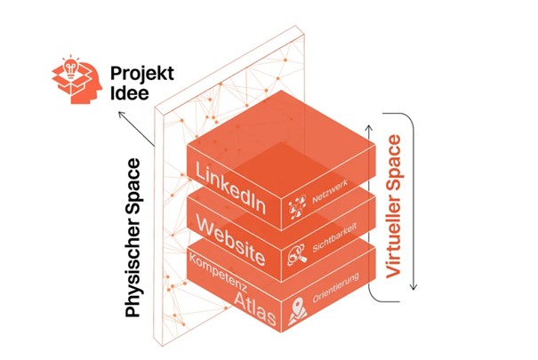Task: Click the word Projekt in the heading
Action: [x=142, y=75]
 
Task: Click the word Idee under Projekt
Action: [x=130, y=93]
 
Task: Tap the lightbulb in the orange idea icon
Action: [x=71, y=68]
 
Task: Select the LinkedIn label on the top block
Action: [x=230, y=188]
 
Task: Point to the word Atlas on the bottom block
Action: [x=255, y=309]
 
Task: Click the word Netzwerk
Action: [x=330, y=191]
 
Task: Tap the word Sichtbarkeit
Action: [x=334, y=237]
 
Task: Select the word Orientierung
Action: [x=336, y=287]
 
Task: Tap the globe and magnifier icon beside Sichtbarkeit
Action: [x=296, y=255]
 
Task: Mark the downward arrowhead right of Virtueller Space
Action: [x=414, y=286]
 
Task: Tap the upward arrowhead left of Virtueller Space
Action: [x=369, y=128]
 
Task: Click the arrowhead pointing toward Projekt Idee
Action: [x=121, y=115]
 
